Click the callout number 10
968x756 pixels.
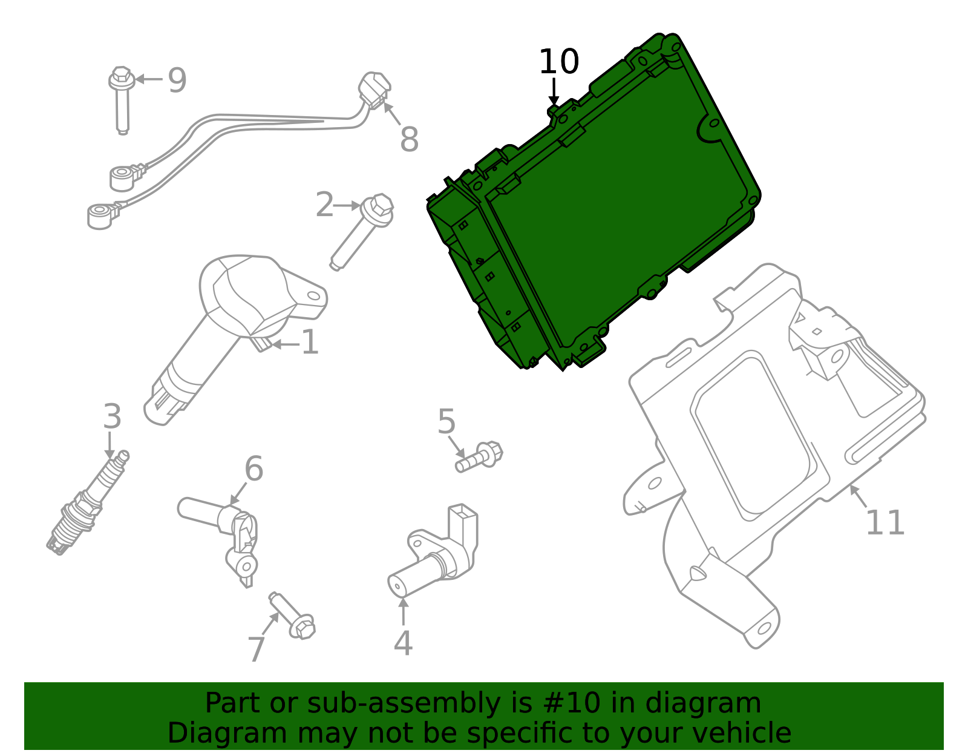tap(558, 62)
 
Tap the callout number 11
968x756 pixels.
tap(885, 523)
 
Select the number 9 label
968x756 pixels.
tap(177, 81)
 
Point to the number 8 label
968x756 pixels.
tap(409, 140)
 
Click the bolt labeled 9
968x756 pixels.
tap(122, 100)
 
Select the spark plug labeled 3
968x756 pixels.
tap(88, 505)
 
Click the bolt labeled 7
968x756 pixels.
tap(293, 616)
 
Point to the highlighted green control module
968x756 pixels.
tap(611, 206)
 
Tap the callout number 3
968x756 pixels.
tap(112, 417)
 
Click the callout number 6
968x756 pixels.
tap(253, 469)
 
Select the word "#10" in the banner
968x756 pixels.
tap(571, 703)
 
